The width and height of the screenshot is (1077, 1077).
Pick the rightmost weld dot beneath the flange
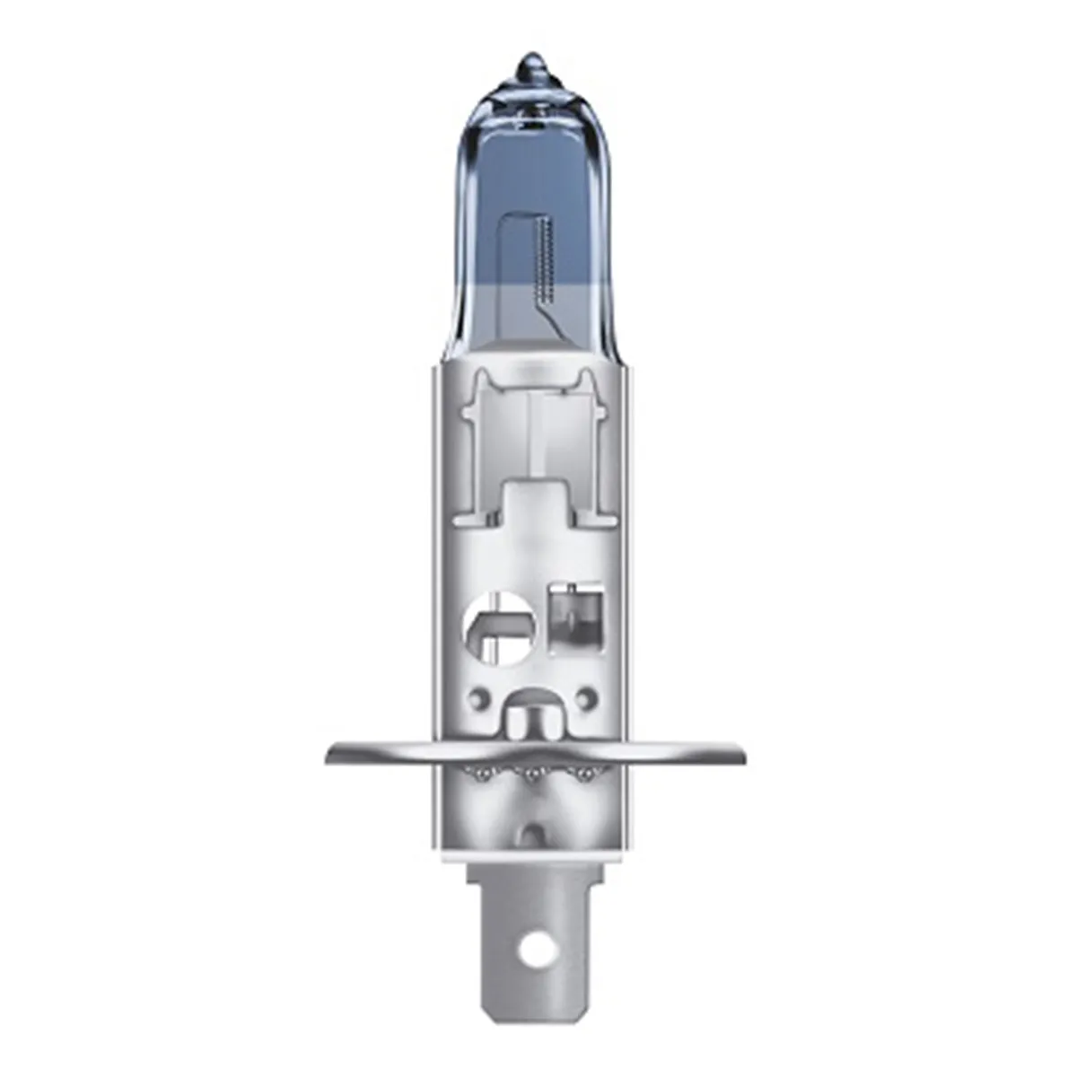coord(587,774)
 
